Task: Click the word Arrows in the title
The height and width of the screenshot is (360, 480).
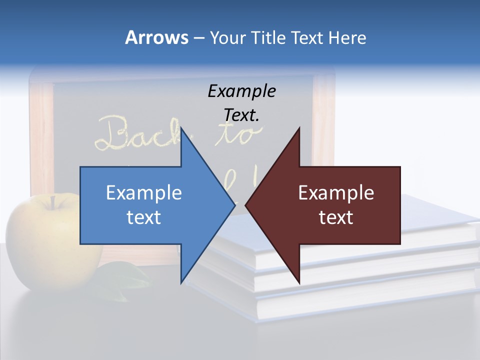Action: point(156,37)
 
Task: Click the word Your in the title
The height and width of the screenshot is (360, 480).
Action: point(226,37)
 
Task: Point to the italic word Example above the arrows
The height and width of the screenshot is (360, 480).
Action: point(241,91)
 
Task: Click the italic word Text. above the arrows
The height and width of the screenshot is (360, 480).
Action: point(241,115)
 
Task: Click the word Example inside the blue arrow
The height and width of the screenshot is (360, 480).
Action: point(144,193)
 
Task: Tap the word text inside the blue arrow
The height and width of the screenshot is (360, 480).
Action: point(144,217)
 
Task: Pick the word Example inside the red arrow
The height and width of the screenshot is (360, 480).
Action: point(336,193)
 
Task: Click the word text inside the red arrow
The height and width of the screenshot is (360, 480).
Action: point(336,217)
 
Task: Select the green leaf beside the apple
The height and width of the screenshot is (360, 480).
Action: point(122,280)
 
